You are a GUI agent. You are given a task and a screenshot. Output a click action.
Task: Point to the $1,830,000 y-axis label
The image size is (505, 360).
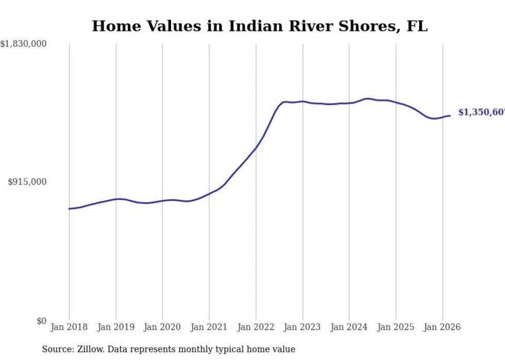pyautogui.click(x=23, y=44)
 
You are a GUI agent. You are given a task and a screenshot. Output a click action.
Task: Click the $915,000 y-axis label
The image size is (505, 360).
pyautogui.click(x=27, y=182)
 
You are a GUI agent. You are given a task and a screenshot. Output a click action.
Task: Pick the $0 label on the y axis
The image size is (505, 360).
pyautogui.click(x=41, y=321)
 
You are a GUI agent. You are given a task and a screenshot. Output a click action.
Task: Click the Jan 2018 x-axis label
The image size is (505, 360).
pyautogui.click(x=69, y=327)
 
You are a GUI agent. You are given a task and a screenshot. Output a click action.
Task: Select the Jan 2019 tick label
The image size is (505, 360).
pyautogui.click(x=116, y=327)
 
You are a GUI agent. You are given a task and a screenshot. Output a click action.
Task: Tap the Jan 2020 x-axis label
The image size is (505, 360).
pyautogui.click(x=162, y=327)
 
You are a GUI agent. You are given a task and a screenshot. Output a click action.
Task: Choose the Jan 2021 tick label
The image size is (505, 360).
pyautogui.click(x=209, y=327)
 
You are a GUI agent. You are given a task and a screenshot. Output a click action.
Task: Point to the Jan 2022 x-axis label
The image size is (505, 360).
pyautogui.click(x=256, y=327)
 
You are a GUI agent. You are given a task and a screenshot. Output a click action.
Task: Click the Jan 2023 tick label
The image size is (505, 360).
pyautogui.click(x=302, y=327)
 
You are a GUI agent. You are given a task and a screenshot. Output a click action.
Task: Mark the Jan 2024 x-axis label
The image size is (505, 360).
pyautogui.click(x=349, y=327)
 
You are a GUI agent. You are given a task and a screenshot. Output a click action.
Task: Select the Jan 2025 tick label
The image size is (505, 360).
pyautogui.click(x=396, y=327)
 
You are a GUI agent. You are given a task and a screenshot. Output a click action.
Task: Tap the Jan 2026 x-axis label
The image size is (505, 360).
pyautogui.click(x=442, y=327)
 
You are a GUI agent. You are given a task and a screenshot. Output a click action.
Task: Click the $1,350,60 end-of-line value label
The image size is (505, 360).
pyautogui.click(x=481, y=112)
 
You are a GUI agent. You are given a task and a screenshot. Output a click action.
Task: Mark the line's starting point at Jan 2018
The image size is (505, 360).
pyautogui.click(x=69, y=209)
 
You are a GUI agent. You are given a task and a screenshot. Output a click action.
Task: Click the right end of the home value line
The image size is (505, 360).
pyautogui.click(x=450, y=115)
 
